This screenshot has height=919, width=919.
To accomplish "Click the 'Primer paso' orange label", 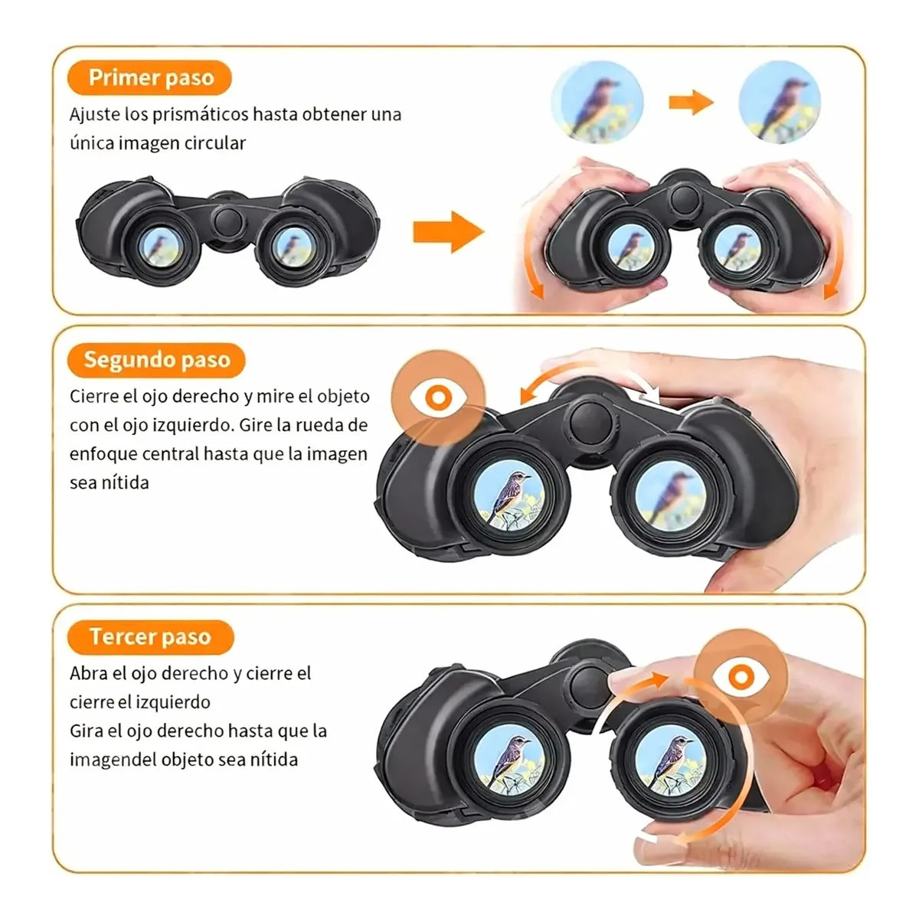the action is click(x=149, y=78).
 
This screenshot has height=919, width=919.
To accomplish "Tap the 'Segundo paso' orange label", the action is click(x=156, y=360).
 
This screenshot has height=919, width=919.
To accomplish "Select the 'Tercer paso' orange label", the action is click(x=151, y=637).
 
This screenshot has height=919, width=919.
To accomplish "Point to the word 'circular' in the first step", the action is click(x=215, y=143).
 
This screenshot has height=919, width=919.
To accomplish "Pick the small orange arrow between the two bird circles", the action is click(x=691, y=102).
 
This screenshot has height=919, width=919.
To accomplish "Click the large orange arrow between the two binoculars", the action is click(x=448, y=232).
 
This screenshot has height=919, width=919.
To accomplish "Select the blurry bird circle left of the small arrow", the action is click(x=597, y=102).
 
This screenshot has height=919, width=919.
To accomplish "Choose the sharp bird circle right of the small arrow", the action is click(x=780, y=102).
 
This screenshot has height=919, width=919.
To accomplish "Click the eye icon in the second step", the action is click(x=438, y=397).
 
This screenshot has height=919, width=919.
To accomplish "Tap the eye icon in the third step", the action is click(x=741, y=677).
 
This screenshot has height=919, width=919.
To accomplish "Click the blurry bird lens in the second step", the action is click(x=671, y=500).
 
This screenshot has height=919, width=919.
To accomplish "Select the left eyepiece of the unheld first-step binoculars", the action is click(x=161, y=246).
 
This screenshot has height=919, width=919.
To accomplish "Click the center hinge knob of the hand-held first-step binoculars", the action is click(x=685, y=199).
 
